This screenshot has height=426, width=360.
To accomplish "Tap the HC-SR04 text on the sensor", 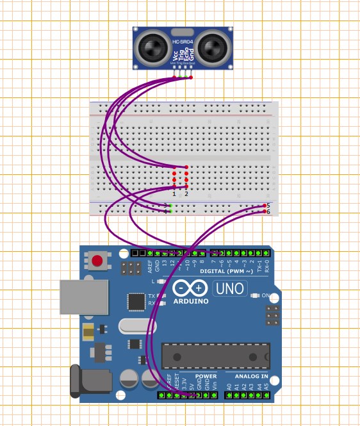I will [182, 42].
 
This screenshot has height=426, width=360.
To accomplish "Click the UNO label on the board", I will [229, 288].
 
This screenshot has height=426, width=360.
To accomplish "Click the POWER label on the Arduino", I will [206, 377].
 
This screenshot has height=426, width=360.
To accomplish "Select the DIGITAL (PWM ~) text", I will [222, 271].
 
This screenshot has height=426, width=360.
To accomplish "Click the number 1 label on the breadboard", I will [174, 193].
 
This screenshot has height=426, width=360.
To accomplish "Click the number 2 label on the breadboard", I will [186, 193].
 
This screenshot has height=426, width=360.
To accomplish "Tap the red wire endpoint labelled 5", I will [266, 206].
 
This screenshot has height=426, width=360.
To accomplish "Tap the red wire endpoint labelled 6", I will [266, 211].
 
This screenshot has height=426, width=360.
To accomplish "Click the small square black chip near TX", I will [136, 301].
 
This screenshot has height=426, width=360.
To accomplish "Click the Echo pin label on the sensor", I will [184, 60].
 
